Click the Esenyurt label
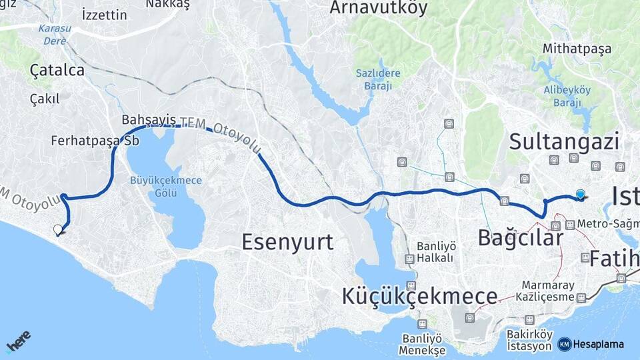(287, 241)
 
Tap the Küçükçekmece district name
(419, 296)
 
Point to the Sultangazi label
(564, 141)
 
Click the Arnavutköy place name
(379, 8)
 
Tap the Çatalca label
(57, 70)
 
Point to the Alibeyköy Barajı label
(567, 96)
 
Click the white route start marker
(58, 230)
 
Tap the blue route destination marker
(581, 195)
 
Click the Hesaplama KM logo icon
(564, 344)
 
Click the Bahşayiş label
(149, 119)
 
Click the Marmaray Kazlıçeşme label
(548, 289)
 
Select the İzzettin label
(104, 15)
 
